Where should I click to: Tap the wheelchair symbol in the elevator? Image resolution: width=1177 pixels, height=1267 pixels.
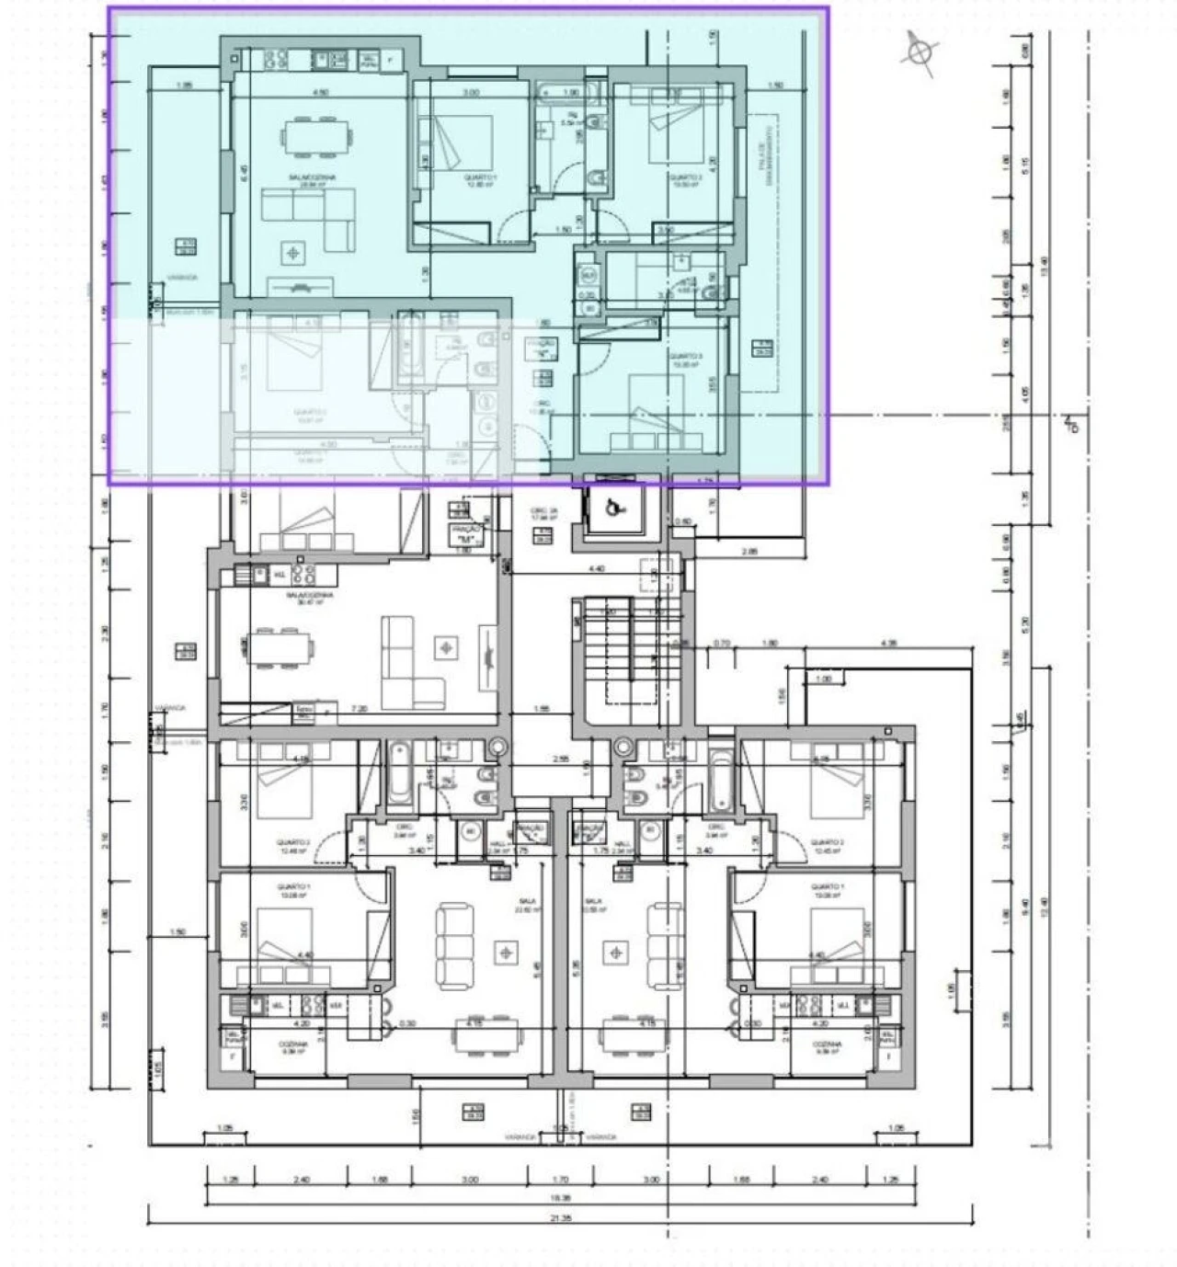613,507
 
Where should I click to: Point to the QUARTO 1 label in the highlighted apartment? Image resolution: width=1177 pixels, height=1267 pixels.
480,177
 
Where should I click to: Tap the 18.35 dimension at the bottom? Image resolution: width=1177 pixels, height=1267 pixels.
561,1198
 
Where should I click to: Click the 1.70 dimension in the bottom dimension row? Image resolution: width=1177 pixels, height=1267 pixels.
561,1180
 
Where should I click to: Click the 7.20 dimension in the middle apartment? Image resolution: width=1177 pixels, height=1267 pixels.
358,709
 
